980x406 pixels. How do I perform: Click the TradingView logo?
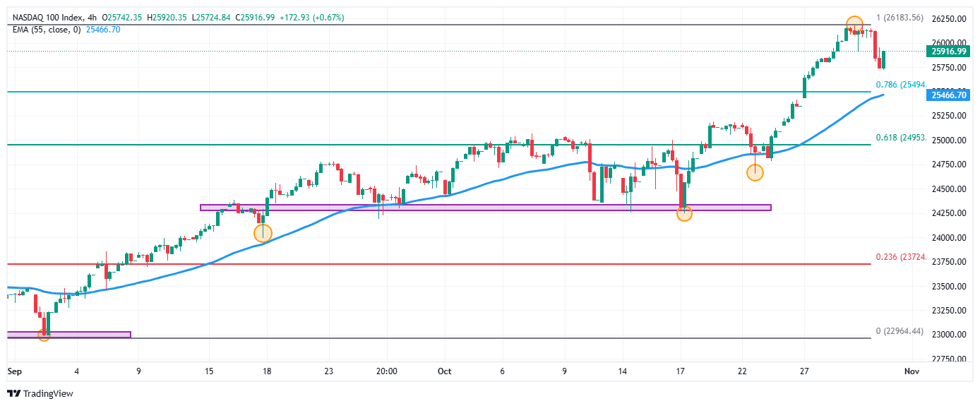[40, 393]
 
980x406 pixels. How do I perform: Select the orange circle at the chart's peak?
[854, 24]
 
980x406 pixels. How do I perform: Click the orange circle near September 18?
[263, 233]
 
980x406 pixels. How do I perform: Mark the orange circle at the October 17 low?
[684, 213]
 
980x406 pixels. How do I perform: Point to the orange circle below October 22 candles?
[755, 172]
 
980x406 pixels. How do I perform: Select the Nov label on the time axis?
[912, 371]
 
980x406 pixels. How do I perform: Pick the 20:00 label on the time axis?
[387, 371]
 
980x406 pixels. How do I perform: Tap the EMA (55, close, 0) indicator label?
[46, 29]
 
